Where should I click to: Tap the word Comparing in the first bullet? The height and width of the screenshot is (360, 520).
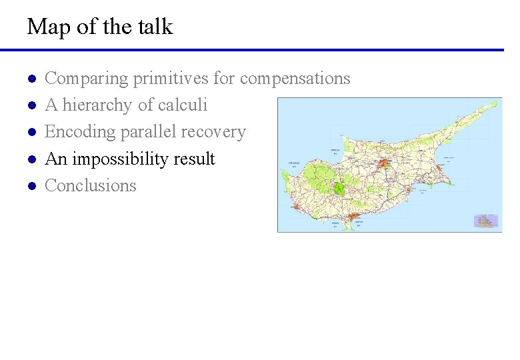[x=86, y=79]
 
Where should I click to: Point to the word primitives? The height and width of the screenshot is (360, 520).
[x=171, y=78]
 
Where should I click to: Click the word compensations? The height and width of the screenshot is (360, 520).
[x=295, y=79]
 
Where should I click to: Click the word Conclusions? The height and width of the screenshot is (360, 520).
[x=90, y=185]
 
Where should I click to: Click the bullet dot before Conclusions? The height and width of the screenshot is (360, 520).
[x=31, y=186]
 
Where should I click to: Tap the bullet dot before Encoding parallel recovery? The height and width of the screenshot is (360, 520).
[x=31, y=133]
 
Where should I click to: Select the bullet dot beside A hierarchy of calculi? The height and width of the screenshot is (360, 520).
[x=31, y=106]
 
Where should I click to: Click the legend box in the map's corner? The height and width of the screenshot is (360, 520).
[x=486, y=221]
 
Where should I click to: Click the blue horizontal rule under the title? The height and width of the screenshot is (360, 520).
[x=252, y=49]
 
